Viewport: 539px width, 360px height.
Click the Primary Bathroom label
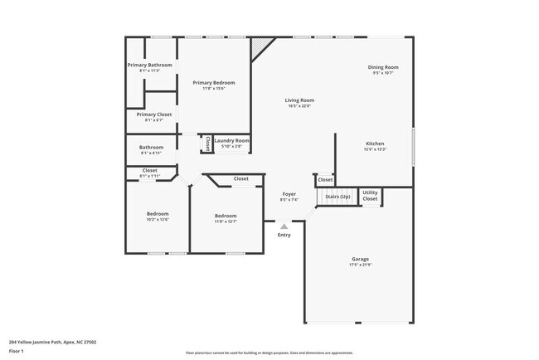149,65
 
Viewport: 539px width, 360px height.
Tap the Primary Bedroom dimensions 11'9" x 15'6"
214,89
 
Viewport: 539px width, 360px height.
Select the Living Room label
299,100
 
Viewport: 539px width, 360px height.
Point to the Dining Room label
383,66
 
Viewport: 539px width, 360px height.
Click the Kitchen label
375,144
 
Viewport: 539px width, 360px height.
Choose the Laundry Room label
231,140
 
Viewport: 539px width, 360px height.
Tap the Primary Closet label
148,114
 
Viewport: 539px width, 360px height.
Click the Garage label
360,259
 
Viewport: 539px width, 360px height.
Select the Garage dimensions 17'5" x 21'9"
360,265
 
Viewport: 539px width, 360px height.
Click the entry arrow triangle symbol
284,226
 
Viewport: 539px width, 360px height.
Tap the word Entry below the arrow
284,235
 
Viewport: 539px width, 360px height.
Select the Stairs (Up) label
337,197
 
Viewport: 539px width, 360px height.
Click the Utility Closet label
370,196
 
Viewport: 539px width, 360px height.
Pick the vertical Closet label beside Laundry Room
206,143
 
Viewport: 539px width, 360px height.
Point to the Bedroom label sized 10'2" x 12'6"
158,213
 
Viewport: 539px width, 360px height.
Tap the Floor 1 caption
17,351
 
